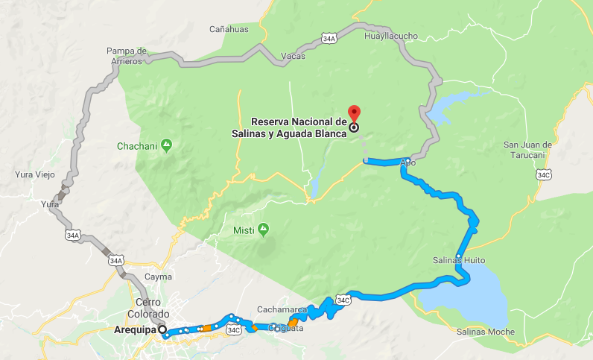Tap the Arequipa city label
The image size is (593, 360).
[138, 329]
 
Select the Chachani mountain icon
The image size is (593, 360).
[167, 145]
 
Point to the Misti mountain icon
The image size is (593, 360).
[263, 230]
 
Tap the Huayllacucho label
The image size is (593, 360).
[391, 36]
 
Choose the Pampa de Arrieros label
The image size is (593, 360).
[127, 56]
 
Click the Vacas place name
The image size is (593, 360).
[294, 56]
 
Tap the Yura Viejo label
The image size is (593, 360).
[35, 174]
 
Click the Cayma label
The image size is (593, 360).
[157, 277]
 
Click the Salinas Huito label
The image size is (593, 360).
[458, 261]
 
